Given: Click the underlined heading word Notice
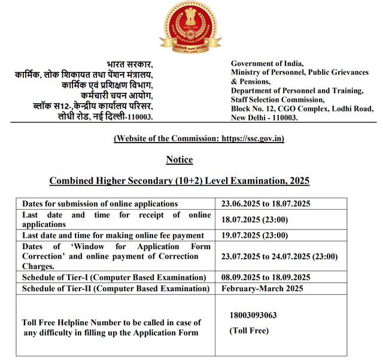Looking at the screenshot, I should tap(180, 159).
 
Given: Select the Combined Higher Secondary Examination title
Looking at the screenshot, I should tap(179, 180).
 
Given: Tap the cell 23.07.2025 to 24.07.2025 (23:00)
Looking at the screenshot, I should tap(279, 256).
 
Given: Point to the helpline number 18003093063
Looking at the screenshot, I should tap(253, 316).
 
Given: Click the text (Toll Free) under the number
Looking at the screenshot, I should tap(249, 331).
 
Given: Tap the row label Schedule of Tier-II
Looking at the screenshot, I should tap(114, 288).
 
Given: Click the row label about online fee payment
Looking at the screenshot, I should tap(113, 235).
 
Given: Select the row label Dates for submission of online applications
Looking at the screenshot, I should tap(100, 204).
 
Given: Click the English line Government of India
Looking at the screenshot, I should tap(267, 63).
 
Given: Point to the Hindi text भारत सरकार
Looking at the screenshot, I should tap(130, 64).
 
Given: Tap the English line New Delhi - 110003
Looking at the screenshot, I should tap(264, 117).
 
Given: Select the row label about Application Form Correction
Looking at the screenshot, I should tap(116, 256).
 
